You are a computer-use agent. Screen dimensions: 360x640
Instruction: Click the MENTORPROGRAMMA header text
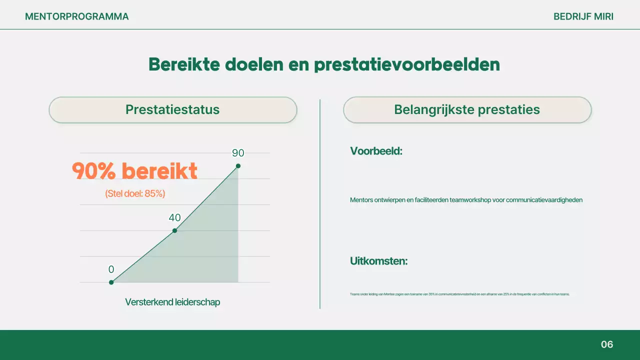coord(76,16)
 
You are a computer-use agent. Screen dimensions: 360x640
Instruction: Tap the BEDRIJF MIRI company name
coord(583,16)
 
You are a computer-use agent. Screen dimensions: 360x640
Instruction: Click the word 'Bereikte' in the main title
coord(183,64)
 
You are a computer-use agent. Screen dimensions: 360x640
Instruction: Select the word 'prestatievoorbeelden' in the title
coord(407,65)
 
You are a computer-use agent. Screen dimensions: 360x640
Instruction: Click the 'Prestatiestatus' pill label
coord(172,110)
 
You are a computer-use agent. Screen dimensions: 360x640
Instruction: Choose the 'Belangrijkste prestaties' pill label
coord(467,110)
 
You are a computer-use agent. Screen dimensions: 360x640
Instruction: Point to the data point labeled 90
coord(238,166)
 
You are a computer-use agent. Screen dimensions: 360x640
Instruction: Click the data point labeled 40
coord(174,230)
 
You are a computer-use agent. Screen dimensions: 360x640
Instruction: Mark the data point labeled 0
coord(111,282)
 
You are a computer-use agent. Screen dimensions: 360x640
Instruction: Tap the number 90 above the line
coord(238,153)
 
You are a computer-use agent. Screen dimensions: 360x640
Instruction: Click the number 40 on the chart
coord(174,218)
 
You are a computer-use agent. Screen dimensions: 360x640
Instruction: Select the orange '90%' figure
coord(94,171)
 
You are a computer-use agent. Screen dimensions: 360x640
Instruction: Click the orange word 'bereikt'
coord(159,171)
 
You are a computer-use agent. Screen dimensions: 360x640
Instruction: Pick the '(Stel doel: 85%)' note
coord(135,194)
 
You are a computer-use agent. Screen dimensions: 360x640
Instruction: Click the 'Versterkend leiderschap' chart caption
coord(172,302)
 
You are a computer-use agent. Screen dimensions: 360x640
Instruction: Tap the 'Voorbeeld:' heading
coord(376,151)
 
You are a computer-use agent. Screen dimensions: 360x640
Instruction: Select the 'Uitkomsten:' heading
coord(378,261)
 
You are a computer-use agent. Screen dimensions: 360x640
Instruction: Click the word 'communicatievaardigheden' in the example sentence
coord(544,200)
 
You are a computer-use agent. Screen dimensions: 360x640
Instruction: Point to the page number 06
coord(606,344)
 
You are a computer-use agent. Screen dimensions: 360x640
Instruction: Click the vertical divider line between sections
coord(320,204)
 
